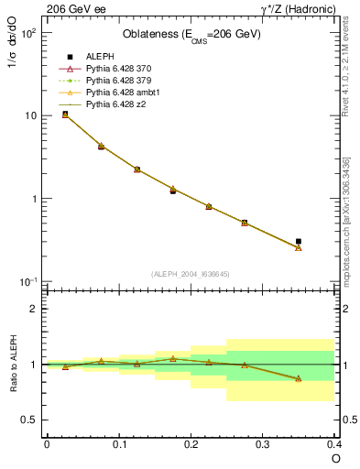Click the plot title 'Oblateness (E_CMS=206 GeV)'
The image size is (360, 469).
click(x=191, y=35)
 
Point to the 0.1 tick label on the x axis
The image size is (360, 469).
click(x=118, y=442)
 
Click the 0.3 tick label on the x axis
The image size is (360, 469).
click(x=263, y=442)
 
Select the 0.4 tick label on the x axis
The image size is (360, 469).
click(x=333, y=442)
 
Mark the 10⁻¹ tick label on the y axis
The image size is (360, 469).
click(x=27, y=281)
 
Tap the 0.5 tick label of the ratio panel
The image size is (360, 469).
click(x=29, y=420)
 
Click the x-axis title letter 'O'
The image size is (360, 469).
click(x=335, y=457)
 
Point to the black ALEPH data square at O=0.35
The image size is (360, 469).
click(x=299, y=241)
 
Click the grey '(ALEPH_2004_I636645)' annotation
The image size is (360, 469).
click(x=191, y=273)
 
